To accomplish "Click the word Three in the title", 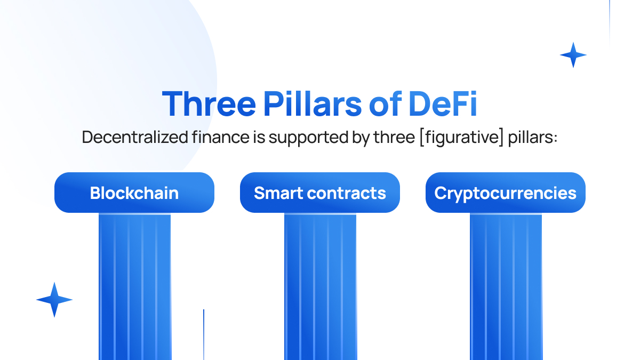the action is [x=209, y=103].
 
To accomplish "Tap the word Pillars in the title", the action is [x=313, y=103].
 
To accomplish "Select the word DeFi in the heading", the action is [x=443, y=103].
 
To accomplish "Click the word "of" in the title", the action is [x=386, y=103].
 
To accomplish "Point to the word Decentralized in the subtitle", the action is [x=135, y=137].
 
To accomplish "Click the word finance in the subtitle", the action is [x=221, y=137].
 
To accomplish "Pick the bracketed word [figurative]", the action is [x=461, y=138].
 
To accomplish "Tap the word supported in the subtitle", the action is [x=309, y=138].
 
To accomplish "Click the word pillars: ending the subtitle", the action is [x=533, y=138].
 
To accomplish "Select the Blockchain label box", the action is [x=134, y=193].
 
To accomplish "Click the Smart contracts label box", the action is [x=319, y=193].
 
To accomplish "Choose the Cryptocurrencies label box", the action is [x=506, y=193].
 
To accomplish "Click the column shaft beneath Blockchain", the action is [x=135, y=286].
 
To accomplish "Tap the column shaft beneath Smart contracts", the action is [x=321, y=286].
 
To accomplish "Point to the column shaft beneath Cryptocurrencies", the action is [x=506, y=286].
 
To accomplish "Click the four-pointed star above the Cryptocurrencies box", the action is [x=573, y=55].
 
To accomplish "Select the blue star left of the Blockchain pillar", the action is [x=54, y=300].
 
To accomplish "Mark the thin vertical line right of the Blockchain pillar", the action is [x=204, y=334].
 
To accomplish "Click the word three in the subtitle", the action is [x=394, y=137].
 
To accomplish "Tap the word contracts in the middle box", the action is [x=346, y=193].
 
